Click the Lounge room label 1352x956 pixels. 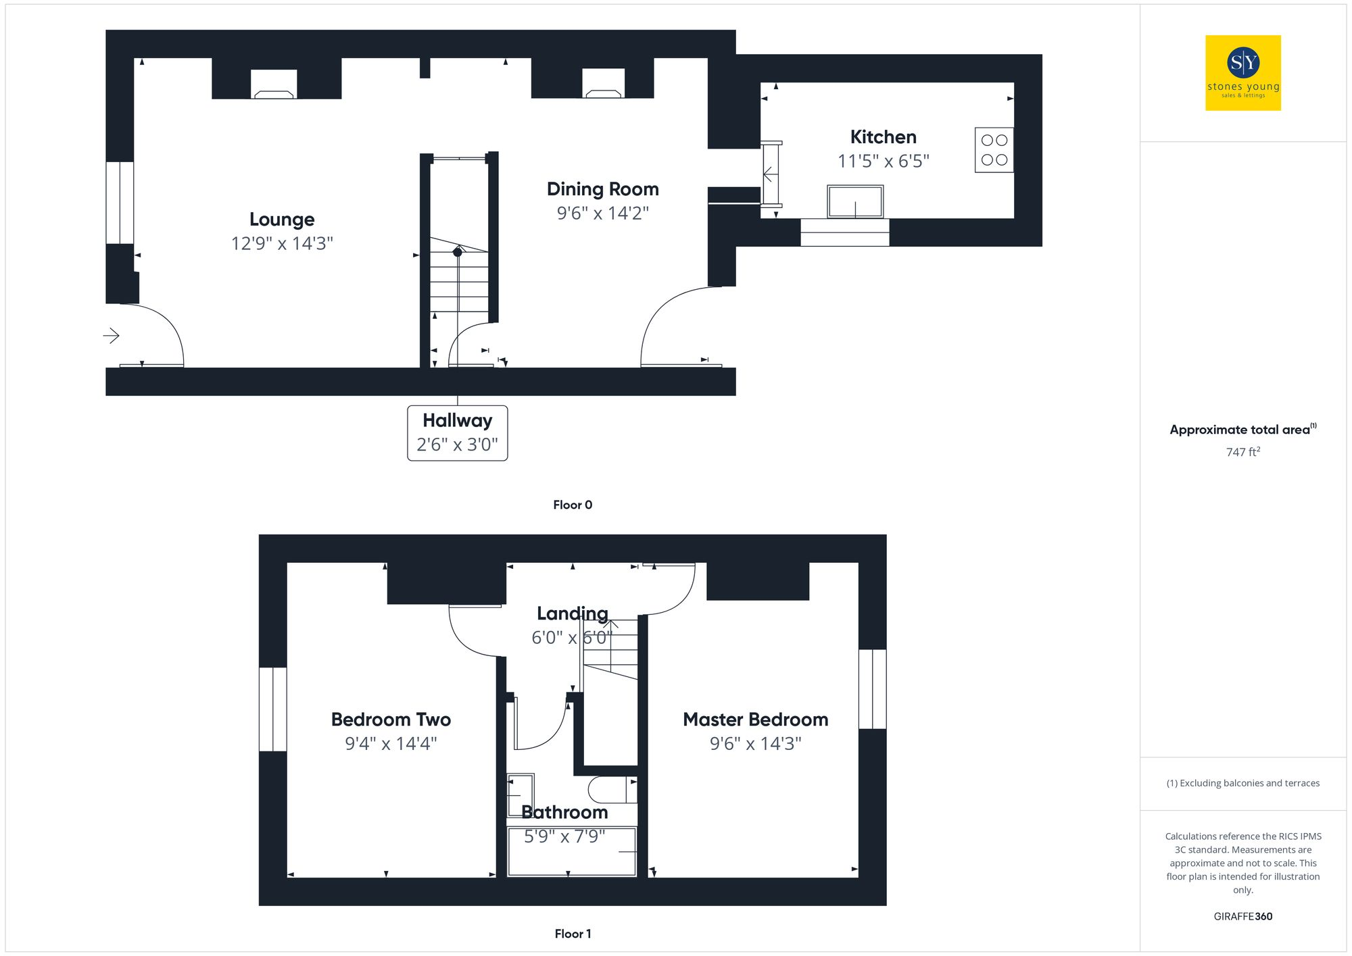click(x=282, y=220)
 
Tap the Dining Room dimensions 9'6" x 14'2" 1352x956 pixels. click(x=602, y=213)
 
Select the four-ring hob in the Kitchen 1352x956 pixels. click(x=994, y=150)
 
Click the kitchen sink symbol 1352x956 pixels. click(x=855, y=201)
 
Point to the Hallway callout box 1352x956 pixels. click(x=457, y=433)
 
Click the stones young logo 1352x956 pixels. click(x=1242, y=73)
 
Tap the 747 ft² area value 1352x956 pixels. click(x=1242, y=452)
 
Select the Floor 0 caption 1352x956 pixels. click(x=573, y=505)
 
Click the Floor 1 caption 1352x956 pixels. click(x=573, y=934)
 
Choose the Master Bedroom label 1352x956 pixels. click(x=755, y=720)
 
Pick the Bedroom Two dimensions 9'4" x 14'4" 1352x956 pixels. click(x=391, y=744)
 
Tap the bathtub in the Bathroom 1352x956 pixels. click(x=572, y=852)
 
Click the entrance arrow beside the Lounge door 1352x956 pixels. click(x=112, y=335)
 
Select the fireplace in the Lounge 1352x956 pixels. click(x=274, y=85)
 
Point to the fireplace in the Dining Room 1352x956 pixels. click(x=604, y=84)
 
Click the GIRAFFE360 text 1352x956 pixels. click(x=1242, y=917)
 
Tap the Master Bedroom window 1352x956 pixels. click(x=872, y=689)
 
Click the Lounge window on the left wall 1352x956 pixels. click(x=120, y=203)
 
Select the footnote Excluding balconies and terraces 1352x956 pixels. click(x=1242, y=783)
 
